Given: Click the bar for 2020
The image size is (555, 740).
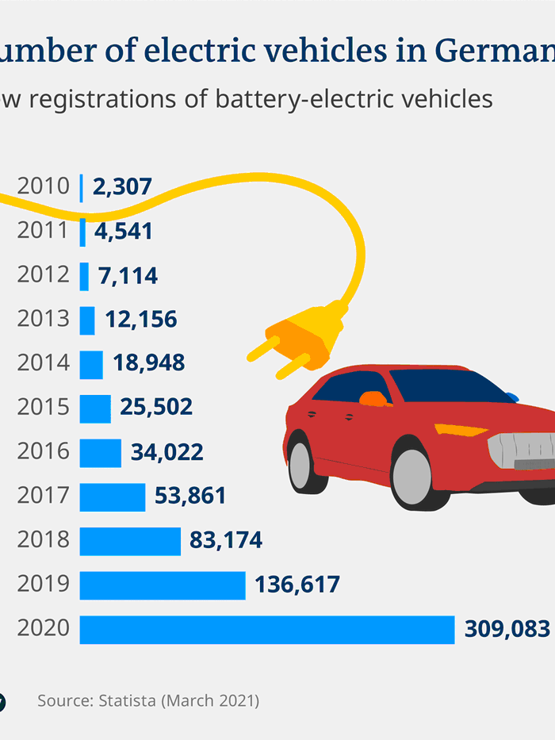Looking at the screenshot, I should [266, 630].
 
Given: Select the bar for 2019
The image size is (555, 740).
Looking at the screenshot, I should [163, 585].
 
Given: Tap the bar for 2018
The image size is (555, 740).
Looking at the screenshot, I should [130, 541].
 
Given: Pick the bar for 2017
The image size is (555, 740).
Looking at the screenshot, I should [113, 497].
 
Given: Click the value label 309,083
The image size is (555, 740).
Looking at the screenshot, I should [505, 630].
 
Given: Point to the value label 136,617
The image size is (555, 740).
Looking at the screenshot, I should [297, 585].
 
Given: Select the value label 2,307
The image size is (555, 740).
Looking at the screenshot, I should [122, 187].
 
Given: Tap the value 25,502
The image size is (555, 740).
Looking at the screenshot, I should [156, 408].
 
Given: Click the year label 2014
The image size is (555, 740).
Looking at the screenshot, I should [44, 364].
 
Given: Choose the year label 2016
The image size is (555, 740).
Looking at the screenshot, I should [44, 452].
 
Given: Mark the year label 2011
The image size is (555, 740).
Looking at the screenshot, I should [44, 232].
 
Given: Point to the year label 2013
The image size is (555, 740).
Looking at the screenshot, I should [44, 320].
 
